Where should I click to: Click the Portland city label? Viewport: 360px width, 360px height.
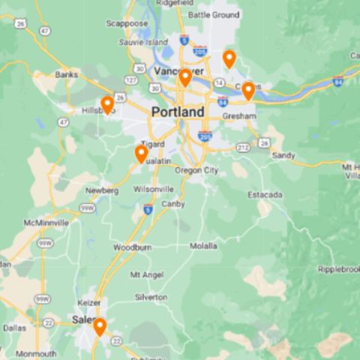pos(177,112)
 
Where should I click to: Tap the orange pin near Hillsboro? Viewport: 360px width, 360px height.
pos(107,104)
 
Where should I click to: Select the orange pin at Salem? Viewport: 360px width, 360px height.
pos(99,326)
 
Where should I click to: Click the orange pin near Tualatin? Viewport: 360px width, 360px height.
pos(141,154)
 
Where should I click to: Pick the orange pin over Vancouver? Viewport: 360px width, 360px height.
pos(184,77)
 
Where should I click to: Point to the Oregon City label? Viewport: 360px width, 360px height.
pos(196,170)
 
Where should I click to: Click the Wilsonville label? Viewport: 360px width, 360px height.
pos(154,189)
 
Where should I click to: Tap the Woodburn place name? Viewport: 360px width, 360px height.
pos(132,247)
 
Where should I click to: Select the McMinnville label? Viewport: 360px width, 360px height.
pos(46,223)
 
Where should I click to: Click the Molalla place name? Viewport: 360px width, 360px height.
pos(203,245)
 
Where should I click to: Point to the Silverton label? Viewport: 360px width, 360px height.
pos(151,297)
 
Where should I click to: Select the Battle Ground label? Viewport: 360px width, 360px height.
pos(214,14)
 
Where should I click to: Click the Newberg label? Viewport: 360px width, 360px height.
pos(102,190)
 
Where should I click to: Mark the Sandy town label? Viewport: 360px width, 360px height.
pos(283,155)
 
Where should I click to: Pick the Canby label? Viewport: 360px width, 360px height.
pos(173,203)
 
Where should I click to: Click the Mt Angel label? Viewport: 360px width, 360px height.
pos(146,274)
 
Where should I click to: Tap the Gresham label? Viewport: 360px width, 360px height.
pos(239,117)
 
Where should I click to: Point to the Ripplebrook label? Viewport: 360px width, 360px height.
pos(340,268)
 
